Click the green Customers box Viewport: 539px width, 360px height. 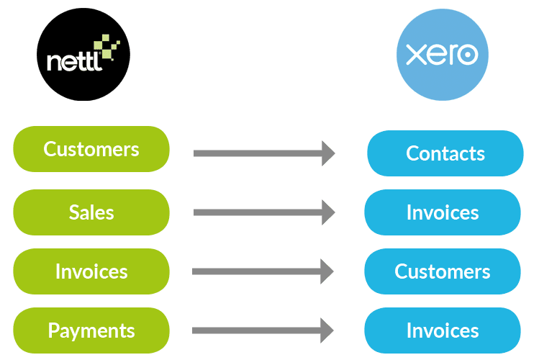coord(91,149)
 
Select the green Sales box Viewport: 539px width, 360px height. coord(91,212)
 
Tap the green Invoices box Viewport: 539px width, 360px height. coord(91,271)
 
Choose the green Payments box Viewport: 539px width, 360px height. coord(91,330)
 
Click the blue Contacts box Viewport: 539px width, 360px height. coord(445,153)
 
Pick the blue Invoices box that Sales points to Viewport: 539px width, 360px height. coord(443,212)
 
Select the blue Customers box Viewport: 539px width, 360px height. coord(443,271)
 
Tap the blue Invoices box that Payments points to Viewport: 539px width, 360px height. coord(443,330)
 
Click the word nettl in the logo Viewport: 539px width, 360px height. coord(75,62)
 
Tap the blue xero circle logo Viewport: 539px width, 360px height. coord(443,55)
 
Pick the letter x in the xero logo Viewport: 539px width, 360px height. coord(416,55)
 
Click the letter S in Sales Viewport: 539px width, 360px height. coord(75,212)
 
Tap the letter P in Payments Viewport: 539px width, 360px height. coord(54,330)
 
